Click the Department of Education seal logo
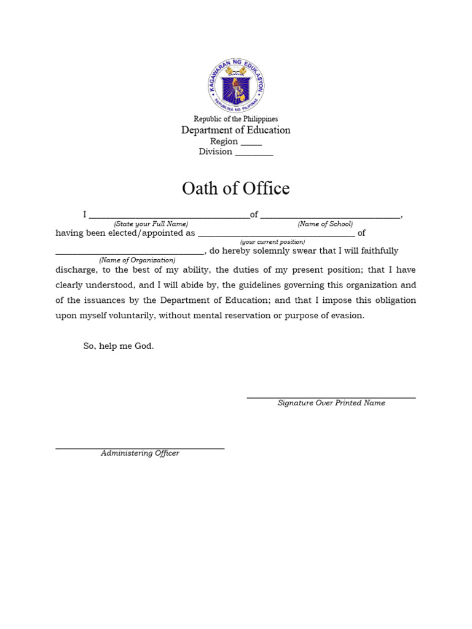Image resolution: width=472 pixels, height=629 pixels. click(235, 87)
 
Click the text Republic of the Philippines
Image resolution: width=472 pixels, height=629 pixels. click(235, 119)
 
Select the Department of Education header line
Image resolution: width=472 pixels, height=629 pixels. click(235, 130)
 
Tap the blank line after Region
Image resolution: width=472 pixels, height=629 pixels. click(251, 144)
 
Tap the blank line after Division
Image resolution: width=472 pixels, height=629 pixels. click(254, 154)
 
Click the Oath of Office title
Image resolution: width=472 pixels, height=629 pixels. click(235, 189)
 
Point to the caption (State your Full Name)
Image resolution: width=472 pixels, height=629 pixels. click(151, 224)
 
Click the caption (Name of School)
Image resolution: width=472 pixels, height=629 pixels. click(325, 224)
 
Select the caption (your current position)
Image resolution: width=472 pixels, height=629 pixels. click(272, 242)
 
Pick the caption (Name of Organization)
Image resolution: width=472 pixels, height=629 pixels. click(137, 260)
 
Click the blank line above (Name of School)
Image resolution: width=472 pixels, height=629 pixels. click(330, 217)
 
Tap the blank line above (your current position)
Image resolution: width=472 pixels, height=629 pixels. click(276, 235)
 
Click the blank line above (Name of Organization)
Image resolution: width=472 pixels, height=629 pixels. click(129, 253)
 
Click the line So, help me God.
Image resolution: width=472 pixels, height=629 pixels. click(119, 346)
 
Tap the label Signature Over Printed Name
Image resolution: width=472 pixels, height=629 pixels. click(331, 403)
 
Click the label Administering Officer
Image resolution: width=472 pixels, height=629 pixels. click(140, 453)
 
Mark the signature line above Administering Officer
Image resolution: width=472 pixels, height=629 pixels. click(140, 448)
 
